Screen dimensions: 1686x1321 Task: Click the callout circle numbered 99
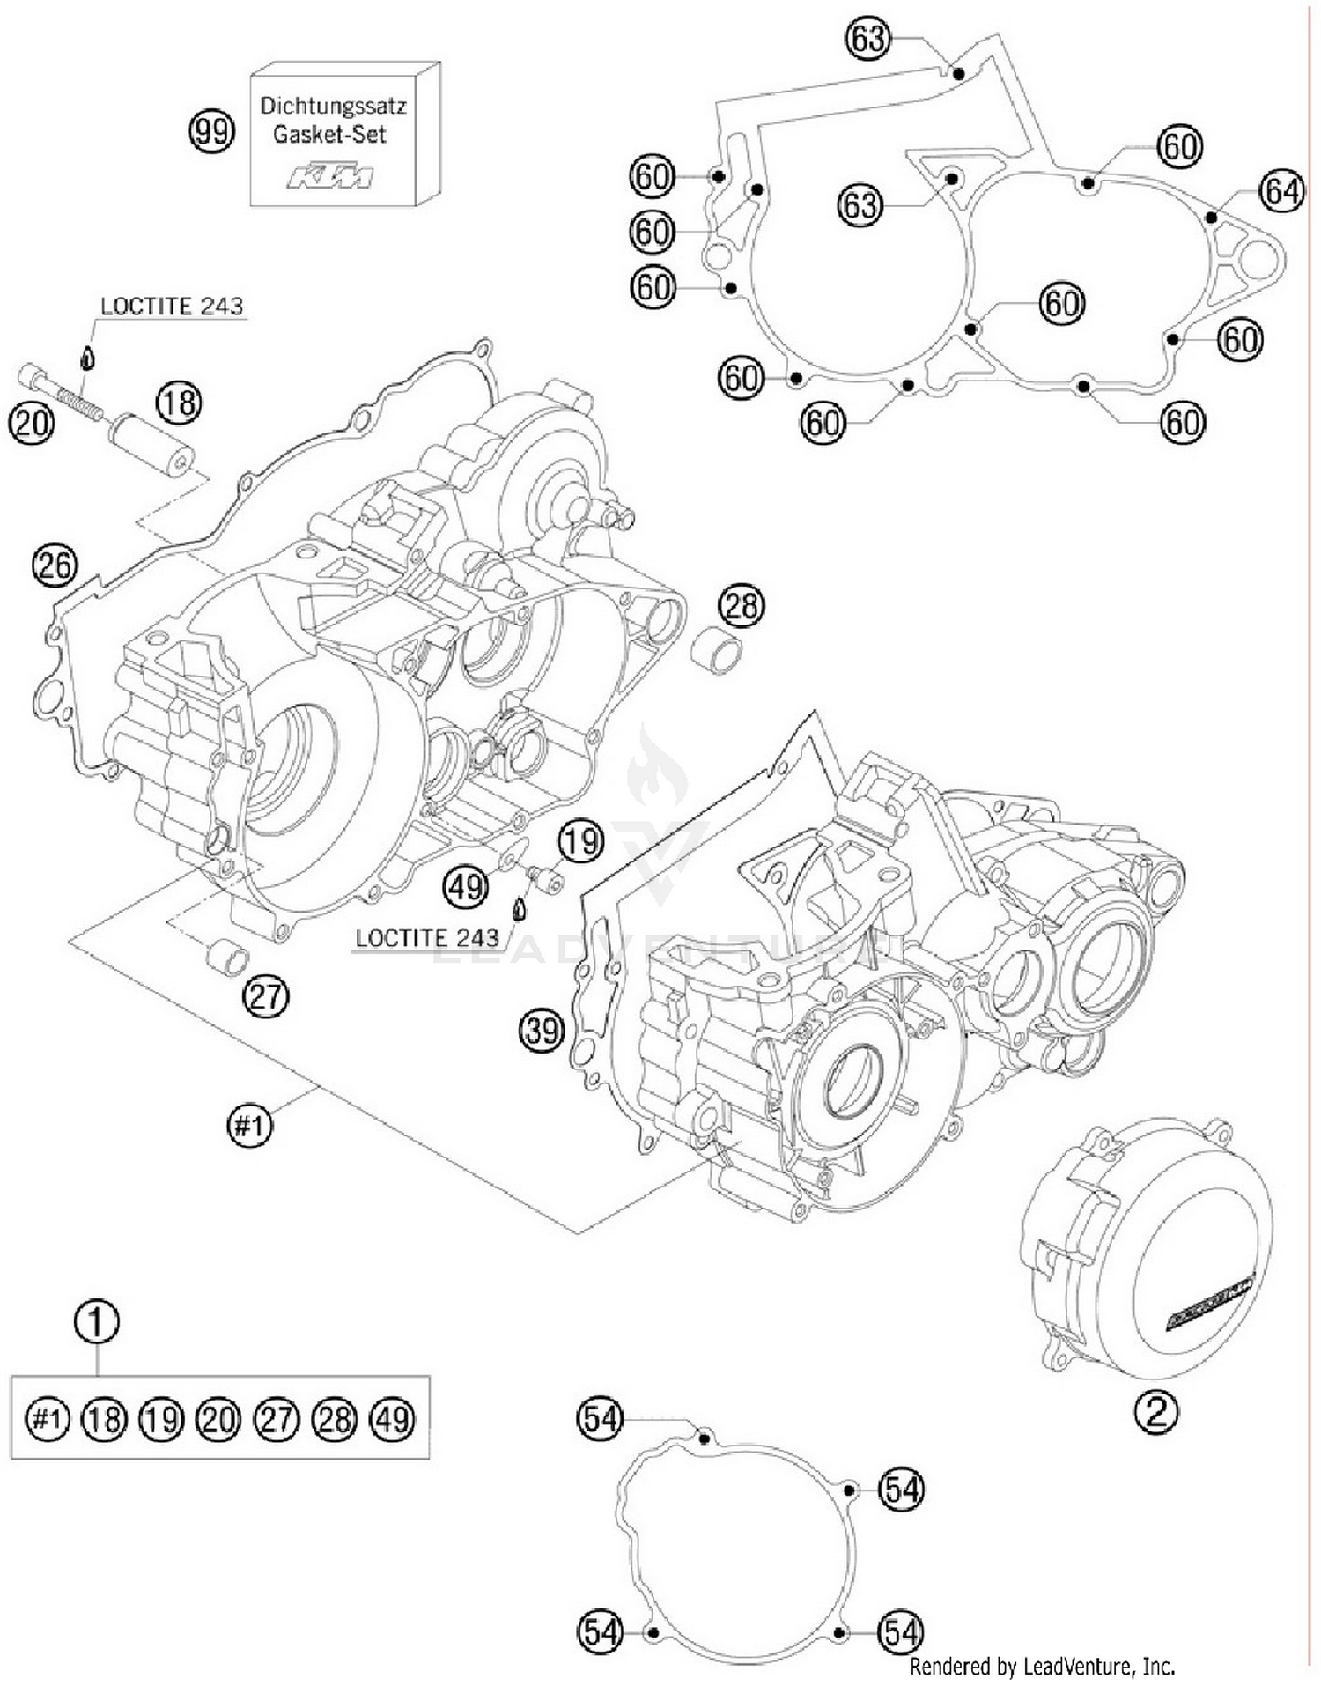click(x=212, y=133)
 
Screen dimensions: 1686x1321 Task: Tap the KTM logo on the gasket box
click(x=330, y=174)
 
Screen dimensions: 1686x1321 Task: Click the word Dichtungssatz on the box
click(x=333, y=107)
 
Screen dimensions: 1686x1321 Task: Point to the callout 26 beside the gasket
click(x=55, y=565)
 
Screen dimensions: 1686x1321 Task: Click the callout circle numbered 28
click(x=741, y=606)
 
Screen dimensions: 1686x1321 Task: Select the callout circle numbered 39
click(x=541, y=1029)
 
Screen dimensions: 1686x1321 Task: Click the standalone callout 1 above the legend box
click(x=97, y=1321)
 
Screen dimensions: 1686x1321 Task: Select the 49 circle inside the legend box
click(x=393, y=1418)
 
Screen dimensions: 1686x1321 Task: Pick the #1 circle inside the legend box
click(x=48, y=1418)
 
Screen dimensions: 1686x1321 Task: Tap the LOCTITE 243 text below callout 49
click(x=426, y=938)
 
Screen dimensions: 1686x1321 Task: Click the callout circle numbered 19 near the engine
click(x=580, y=841)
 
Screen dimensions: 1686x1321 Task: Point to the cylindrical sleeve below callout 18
click(x=151, y=446)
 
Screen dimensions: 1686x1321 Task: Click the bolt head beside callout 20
click(x=32, y=376)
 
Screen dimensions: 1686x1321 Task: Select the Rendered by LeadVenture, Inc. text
click(x=1042, y=1666)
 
